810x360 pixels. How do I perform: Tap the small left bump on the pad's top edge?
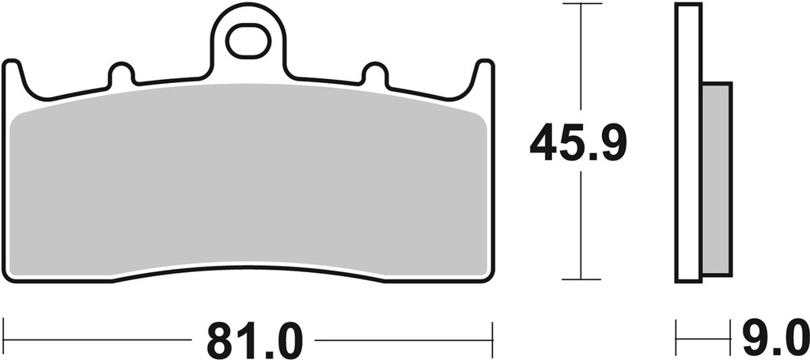pos(121,74)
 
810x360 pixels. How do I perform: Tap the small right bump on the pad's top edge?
pos(375,74)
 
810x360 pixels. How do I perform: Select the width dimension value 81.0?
pos(255,341)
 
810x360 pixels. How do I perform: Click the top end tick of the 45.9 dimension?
pos(581,4)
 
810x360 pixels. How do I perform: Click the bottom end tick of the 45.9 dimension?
pos(581,279)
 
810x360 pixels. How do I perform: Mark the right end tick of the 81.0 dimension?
pos(493,339)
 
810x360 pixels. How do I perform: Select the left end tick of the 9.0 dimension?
pos(676,339)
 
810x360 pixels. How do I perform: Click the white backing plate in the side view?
pos(688,142)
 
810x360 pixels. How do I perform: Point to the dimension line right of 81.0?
pos(403,340)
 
